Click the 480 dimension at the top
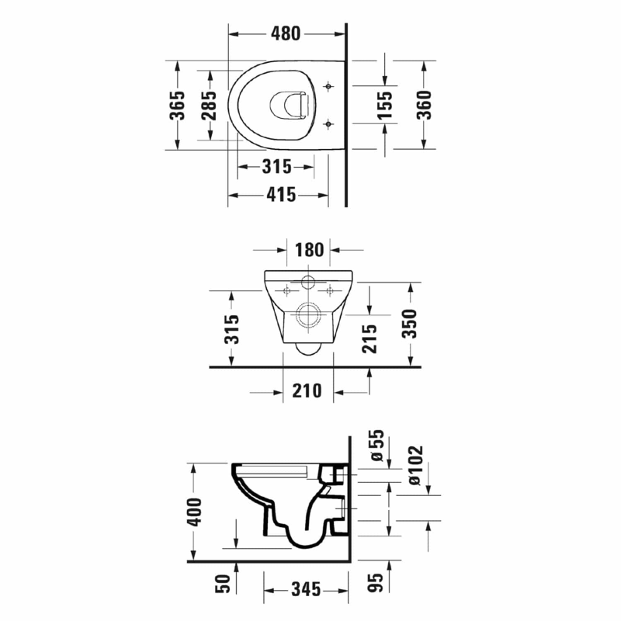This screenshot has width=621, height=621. (x=286, y=33)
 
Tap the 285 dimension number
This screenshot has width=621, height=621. (x=209, y=106)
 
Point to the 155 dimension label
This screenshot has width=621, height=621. (x=384, y=105)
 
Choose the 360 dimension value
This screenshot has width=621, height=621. (x=424, y=105)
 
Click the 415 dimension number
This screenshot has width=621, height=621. (x=281, y=195)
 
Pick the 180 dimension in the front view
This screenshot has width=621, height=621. (x=309, y=250)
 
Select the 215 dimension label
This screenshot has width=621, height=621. (x=369, y=338)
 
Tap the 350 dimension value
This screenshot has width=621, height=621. (x=410, y=324)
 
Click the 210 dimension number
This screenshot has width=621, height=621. (x=307, y=391)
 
